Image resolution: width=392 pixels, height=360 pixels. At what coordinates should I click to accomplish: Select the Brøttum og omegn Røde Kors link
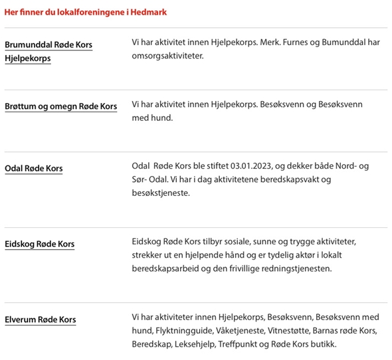[60, 106]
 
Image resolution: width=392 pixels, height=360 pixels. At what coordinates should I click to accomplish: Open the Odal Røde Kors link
[34, 168]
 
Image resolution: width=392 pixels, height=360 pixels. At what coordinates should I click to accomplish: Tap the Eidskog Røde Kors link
[39, 244]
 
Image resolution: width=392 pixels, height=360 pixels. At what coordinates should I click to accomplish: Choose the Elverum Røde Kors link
[40, 319]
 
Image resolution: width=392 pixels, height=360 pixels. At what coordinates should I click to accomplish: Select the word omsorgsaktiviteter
[166, 56]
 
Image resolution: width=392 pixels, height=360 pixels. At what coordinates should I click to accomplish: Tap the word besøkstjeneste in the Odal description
[161, 193]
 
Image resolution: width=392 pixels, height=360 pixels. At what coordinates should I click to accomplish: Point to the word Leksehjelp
[197, 343]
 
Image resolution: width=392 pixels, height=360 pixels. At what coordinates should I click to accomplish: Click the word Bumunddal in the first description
[346, 43]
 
